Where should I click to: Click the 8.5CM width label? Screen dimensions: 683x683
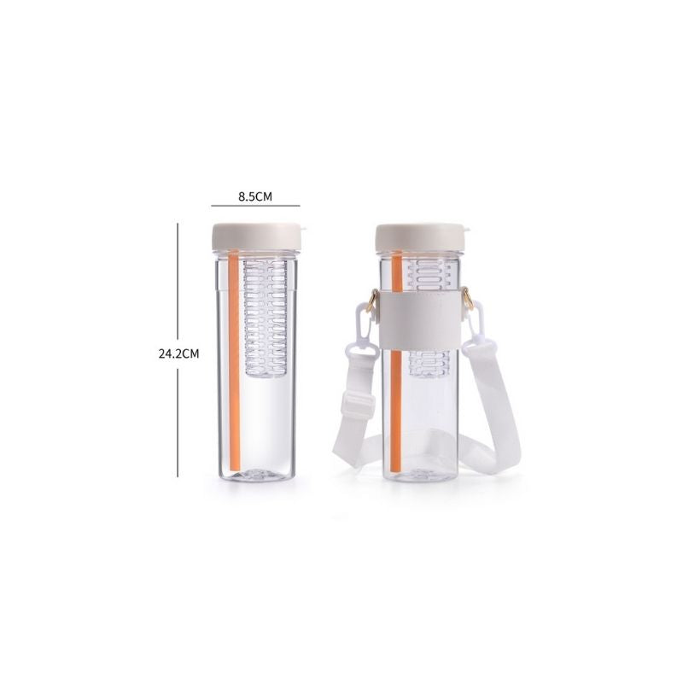pos(254,196)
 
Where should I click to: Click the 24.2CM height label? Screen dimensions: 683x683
pos(178,353)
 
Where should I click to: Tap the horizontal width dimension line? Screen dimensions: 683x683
pos(255,205)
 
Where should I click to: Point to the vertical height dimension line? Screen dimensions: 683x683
pos(178,350)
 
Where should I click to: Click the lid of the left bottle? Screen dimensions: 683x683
pos(256,237)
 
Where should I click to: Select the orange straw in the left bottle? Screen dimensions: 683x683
pos(234,360)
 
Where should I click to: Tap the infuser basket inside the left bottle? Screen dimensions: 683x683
pos(266,318)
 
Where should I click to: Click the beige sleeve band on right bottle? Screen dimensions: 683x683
pos(420,318)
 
